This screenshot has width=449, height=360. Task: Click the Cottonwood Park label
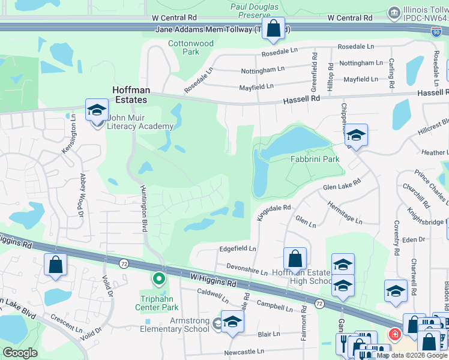pyautogui.click(x=191, y=47)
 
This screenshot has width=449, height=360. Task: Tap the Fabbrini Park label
pyautogui.click(x=315, y=159)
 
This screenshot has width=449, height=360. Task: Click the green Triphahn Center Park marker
pyautogui.click(x=159, y=278)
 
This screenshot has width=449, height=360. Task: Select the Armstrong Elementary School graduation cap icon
pyautogui.click(x=232, y=322)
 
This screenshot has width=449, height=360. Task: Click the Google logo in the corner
pyautogui.click(x=20, y=353)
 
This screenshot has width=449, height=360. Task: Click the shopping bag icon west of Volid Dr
pyautogui.click(x=55, y=265)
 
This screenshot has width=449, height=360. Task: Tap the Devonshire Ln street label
pyautogui.click(x=247, y=269)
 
